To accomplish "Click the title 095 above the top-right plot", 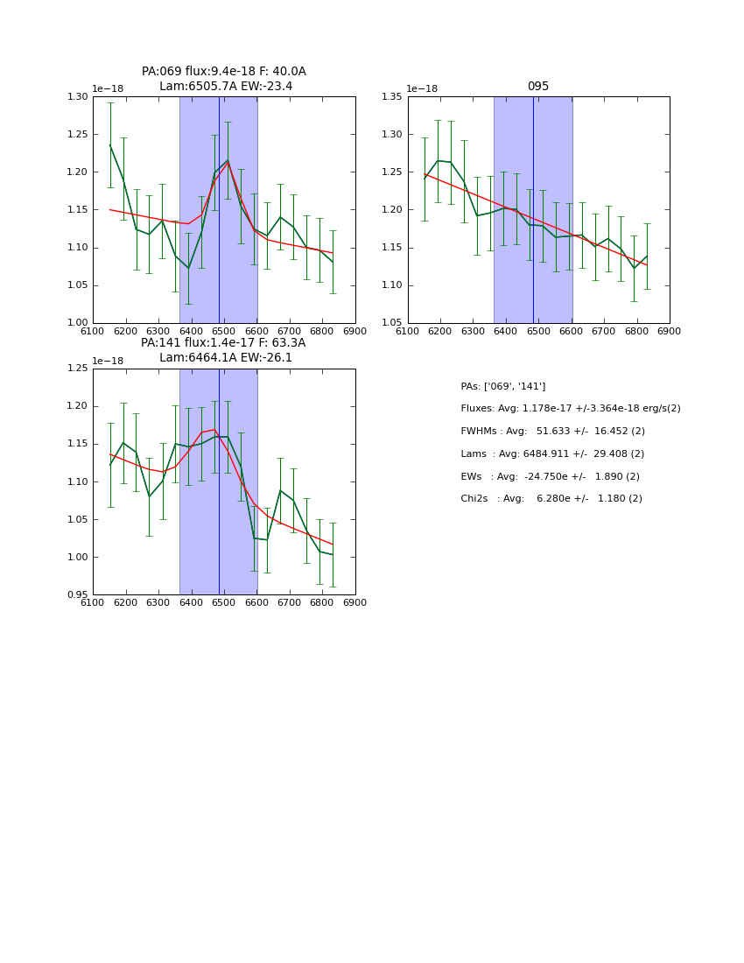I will [537, 87].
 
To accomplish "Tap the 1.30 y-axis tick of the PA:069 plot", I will [78, 97].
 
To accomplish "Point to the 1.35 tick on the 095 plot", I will [392, 97].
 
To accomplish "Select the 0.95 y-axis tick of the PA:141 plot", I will [78, 595].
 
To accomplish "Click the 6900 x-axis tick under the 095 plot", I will [669, 331].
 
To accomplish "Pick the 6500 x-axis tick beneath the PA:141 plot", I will [223, 602].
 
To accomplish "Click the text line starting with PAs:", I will [502, 386].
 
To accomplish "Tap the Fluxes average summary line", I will [570, 409].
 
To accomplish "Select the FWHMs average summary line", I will [552, 432].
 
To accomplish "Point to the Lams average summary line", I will [552, 454].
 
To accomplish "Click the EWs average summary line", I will [550, 477].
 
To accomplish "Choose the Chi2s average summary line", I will [551, 499].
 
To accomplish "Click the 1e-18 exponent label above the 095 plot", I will [422, 89].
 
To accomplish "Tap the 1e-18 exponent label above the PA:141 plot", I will [108, 361].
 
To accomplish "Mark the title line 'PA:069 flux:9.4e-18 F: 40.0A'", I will [223, 72].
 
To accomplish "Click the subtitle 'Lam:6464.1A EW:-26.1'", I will [225, 358].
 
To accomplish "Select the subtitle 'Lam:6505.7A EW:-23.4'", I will [225, 87].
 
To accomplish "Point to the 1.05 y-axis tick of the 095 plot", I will [392, 323].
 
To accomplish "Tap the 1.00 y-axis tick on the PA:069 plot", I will [78, 323].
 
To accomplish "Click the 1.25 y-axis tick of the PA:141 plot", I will [78, 369].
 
